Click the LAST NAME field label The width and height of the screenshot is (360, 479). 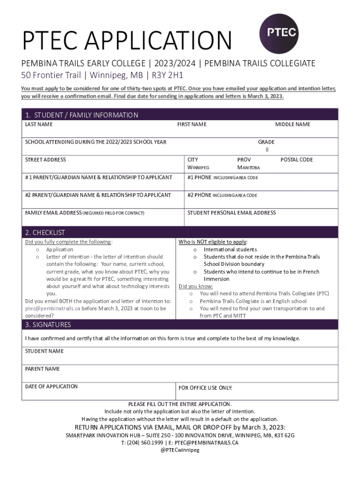click(39, 124)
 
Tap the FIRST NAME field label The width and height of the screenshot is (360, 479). click(192, 124)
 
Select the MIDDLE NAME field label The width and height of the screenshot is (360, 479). click(292, 124)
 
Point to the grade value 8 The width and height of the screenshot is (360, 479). click(267, 150)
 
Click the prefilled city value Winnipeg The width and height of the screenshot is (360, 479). click(198, 167)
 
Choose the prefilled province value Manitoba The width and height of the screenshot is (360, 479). click(248, 167)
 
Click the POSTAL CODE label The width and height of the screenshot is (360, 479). click(296, 160)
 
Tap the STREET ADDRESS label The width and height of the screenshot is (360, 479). click(45, 160)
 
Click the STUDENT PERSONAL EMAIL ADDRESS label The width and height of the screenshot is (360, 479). click(231, 213)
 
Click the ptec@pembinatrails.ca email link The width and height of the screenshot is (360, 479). click(52, 309)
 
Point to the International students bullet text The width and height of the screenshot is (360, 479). click(230, 250)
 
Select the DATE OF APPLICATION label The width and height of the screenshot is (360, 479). click(51, 386)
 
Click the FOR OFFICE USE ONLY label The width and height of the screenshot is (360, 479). click(205, 388)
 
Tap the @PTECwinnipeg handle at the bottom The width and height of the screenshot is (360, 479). click(180, 450)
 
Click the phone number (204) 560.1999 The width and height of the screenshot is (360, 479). click(140, 443)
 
